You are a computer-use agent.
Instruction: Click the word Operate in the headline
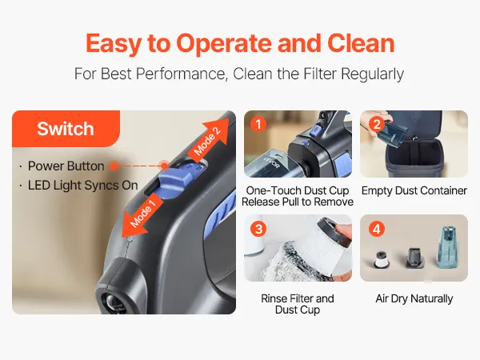pyautogui.click(x=224, y=44)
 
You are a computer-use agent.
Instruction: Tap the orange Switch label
pyautogui.click(x=66, y=129)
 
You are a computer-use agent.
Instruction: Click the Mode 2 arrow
pyautogui.click(x=209, y=139)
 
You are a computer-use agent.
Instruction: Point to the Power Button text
pyautogui.click(x=66, y=166)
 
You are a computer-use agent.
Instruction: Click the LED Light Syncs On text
pyautogui.click(x=82, y=186)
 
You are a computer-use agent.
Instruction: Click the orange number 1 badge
pyautogui.click(x=258, y=125)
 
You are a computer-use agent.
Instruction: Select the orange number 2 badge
pyautogui.click(x=377, y=124)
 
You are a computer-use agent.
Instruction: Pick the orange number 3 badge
pyautogui.click(x=258, y=229)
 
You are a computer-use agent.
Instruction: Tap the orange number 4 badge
pyautogui.click(x=377, y=229)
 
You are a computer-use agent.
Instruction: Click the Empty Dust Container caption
pyautogui.click(x=414, y=190)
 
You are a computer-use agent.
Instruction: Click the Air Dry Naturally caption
pyautogui.click(x=414, y=298)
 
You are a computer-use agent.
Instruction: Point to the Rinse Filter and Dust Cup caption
pyautogui.click(x=298, y=304)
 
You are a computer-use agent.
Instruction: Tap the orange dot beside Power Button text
pyautogui.click(x=114, y=166)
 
